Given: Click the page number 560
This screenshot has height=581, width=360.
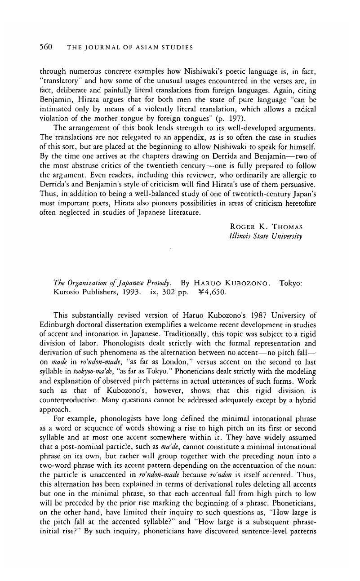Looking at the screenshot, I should point(46,47).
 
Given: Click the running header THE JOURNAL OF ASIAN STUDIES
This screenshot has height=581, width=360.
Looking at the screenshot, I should point(130,47).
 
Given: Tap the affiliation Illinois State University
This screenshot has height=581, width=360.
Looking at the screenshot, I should point(266,236).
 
